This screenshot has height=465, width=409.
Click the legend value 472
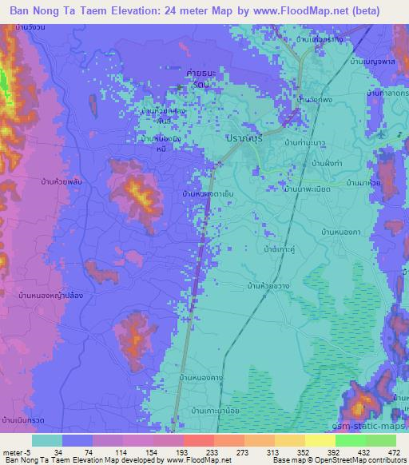(x=392, y=452)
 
